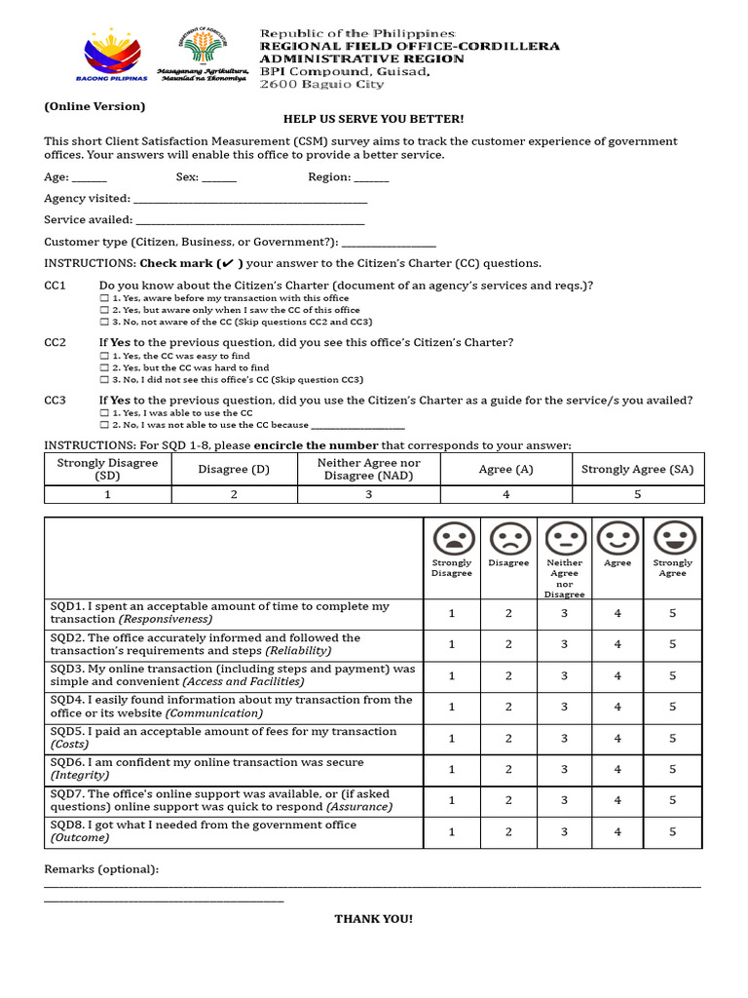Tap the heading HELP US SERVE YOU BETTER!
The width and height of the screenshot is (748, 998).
click(373, 119)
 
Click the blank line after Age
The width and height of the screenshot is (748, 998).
click(90, 178)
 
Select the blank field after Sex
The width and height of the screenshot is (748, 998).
click(219, 178)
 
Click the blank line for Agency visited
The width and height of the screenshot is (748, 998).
click(250, 200)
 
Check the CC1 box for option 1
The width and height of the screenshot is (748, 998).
click(104, 298)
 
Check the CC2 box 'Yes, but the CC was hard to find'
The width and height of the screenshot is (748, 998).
click(104, 368)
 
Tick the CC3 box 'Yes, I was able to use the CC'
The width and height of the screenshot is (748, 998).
click(104, 413)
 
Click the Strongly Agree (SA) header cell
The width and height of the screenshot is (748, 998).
click(637, 470)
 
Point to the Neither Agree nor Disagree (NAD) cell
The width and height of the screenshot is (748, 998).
click(369, 470)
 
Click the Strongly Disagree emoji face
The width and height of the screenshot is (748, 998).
click(453, 538)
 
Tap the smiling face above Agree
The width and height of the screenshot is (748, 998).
click(617, 538)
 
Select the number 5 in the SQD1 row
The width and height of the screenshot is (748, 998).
click(672, 614)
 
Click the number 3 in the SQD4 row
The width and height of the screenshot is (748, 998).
click(564, 708)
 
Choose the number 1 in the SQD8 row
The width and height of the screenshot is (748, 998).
click(452, 832)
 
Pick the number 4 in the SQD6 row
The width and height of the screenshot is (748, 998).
click(617, 770)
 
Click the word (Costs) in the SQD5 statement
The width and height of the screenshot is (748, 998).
click(69, 745)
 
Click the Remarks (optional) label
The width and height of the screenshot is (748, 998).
click(101, 869)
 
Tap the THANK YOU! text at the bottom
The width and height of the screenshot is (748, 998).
click(373, 919)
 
